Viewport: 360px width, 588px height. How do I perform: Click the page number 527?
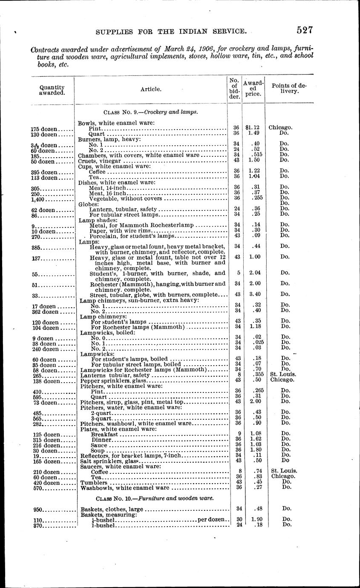305,30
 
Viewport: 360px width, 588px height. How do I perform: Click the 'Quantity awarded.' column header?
52,89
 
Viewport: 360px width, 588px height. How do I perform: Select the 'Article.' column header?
151,89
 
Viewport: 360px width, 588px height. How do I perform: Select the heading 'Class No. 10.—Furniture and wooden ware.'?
151,498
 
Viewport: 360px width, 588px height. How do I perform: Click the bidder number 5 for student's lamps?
236,273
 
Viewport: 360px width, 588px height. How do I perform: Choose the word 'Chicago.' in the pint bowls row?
280,127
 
